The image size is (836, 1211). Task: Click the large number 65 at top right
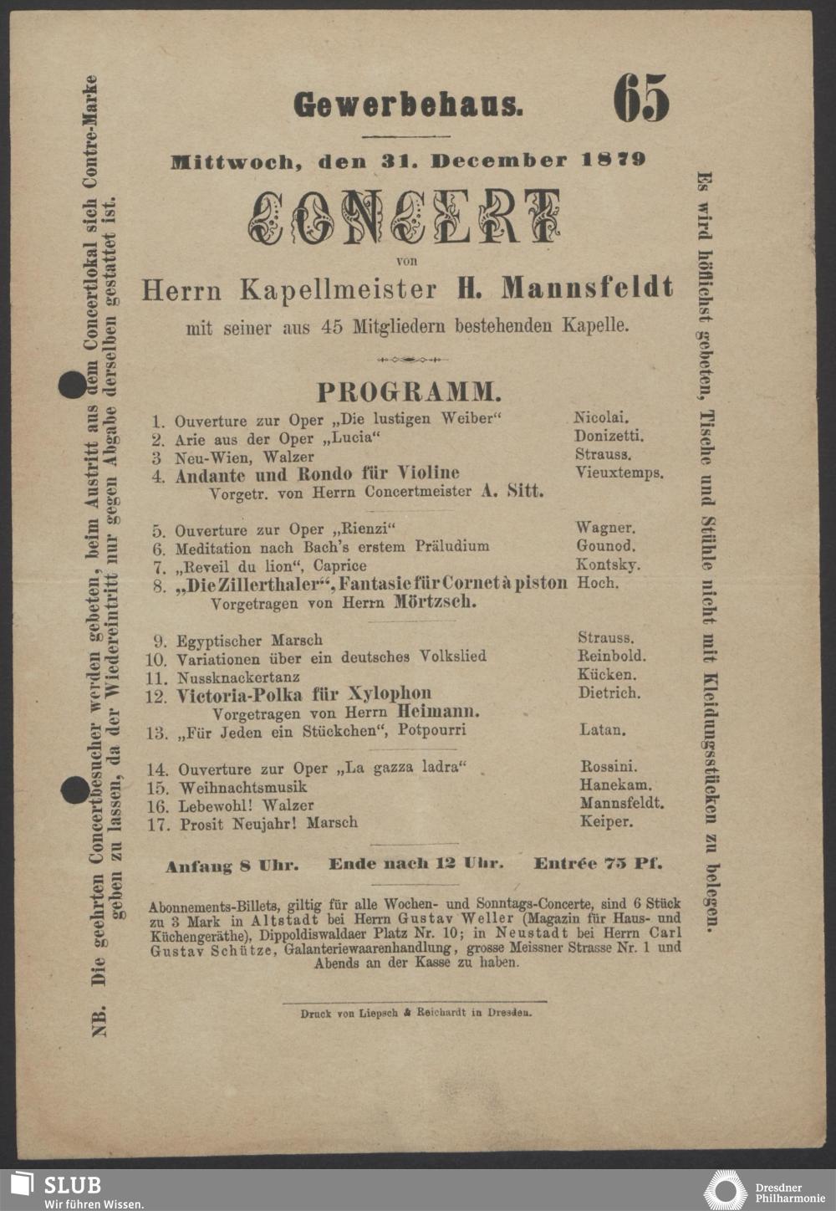(x=641, y=98)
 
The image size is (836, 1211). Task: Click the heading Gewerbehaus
(x=408, y=105)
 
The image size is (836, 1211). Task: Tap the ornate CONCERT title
(x=404, y=217)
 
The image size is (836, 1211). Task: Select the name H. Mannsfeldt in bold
(x=564, y=289)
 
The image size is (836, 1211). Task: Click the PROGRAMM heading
(x=409, y=391)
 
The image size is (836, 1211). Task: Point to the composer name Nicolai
(x=601, y=416)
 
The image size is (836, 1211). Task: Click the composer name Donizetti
(x=609, y=436)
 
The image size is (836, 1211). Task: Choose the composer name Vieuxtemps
(x=619, y=473)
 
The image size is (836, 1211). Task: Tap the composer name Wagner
(x=605, y=528)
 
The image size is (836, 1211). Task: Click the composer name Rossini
(x=609, y=766)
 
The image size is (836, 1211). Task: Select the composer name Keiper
(x=606, y=822)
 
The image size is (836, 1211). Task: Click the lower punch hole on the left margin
(x=74, y=789)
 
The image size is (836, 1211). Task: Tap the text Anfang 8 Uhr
(x=232, y=866)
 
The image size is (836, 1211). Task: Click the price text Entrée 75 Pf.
(x=598, y=863)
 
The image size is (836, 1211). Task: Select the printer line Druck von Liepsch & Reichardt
(x=415, y=1013)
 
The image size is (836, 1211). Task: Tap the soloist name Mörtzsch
(x=436, y=602)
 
